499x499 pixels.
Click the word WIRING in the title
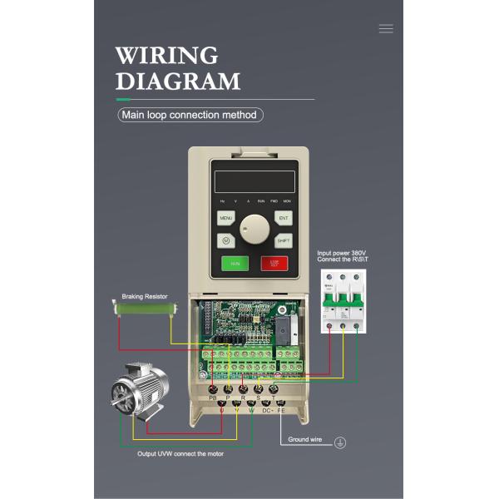point(166,56)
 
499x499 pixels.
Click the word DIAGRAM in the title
point(177,82)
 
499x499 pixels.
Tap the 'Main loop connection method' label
point(190,116)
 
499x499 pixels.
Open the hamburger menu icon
point(386,28)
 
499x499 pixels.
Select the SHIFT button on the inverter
point(284,240)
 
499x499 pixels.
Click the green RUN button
point(235,264)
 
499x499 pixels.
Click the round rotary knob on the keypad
point(254,229)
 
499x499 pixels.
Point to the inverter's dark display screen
point(254,182)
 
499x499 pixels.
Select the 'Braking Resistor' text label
point(145,296)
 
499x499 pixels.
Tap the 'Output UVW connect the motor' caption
point(180,453)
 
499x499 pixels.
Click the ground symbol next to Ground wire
point(339,442)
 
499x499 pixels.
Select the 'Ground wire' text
point(305,438)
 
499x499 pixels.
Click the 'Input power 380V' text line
point(341,252)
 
